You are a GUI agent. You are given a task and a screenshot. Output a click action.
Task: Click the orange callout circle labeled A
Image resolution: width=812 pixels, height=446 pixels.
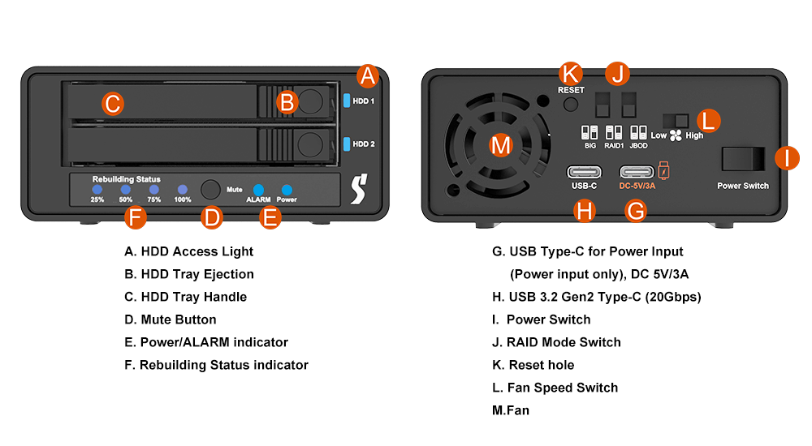tap(369, 76)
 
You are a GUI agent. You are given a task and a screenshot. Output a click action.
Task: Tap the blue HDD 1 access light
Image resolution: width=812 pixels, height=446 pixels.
tap(347, 101)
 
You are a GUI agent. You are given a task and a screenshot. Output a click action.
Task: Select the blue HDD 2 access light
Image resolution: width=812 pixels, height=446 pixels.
tap(347, 144)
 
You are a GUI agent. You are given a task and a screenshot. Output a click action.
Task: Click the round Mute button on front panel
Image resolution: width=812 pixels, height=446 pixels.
tap(211, 189)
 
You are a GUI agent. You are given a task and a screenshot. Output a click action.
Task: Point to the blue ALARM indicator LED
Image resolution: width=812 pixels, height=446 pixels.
tap(258, 190)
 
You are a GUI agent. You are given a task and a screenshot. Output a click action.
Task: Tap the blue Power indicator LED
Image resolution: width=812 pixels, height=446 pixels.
tap(287, 190)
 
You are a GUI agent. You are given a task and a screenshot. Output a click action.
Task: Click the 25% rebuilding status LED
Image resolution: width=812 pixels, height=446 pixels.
tap(97, 190)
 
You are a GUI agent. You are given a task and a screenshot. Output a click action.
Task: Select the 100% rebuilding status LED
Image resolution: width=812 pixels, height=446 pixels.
tap(183, 190)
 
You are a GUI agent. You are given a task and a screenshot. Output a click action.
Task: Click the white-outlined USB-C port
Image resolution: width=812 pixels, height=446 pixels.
tap(585, 172)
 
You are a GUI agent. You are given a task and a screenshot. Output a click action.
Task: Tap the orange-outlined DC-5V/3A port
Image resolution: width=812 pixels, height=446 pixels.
tap(637, 172)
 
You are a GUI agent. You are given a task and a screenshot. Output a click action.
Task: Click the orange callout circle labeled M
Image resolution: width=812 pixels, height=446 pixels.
tap(502, 146)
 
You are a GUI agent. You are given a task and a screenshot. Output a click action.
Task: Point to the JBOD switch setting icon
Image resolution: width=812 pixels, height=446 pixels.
tap(638, 131)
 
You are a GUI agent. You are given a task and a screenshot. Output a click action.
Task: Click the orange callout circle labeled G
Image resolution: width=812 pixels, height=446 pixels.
tap(637, 211)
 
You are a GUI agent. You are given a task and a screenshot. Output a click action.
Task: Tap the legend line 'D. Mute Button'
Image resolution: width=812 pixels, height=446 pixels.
tap(171, 319)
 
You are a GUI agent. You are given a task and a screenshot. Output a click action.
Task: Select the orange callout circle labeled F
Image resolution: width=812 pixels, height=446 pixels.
tap(136, 217)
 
